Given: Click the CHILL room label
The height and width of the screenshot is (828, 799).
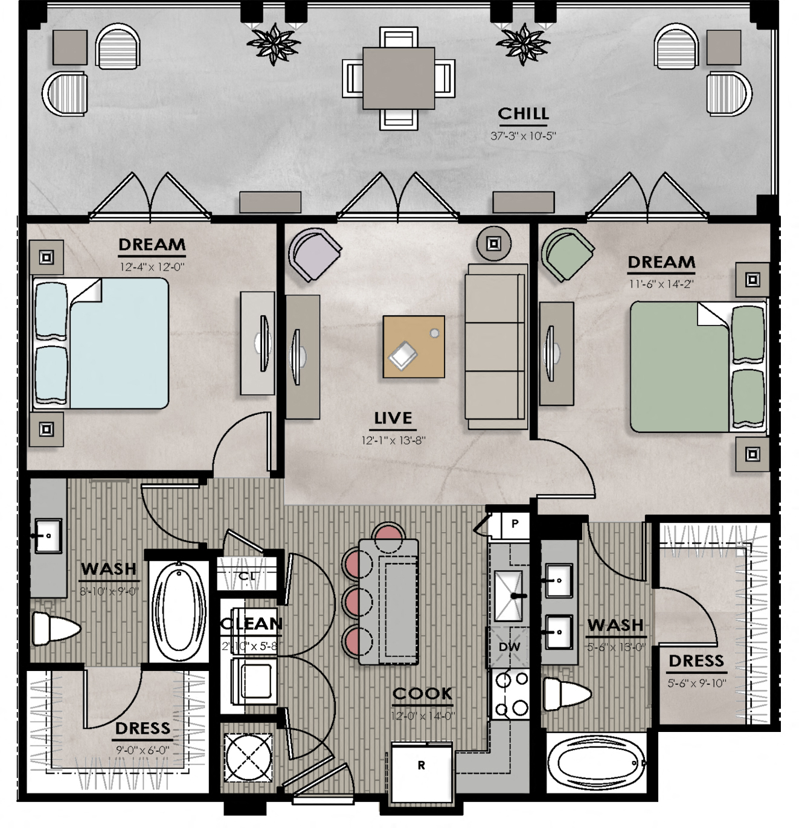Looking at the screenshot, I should (x=523, y=114).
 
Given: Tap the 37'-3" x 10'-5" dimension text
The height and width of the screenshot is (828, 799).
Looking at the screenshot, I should (x=522, y=136).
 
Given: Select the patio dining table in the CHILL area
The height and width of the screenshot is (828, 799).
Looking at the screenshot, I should (x=399, y=78).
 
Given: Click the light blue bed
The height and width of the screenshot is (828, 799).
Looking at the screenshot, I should (x=118, y=343).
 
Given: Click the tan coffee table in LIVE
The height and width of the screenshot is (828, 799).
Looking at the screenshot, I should (x=414, y=347).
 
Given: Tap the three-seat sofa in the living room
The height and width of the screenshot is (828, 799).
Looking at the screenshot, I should (x=496, y=347).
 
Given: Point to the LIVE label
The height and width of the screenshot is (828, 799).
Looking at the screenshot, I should (x=393, y=418).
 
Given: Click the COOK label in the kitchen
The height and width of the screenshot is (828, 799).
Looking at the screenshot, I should (x=422, y=694).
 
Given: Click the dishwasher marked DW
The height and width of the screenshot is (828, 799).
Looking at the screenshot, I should (x=509, y=647).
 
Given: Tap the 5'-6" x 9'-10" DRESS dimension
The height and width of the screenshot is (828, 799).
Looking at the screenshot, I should (x=696, y=683).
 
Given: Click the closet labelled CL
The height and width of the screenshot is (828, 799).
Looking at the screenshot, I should (x=246, y=576).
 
